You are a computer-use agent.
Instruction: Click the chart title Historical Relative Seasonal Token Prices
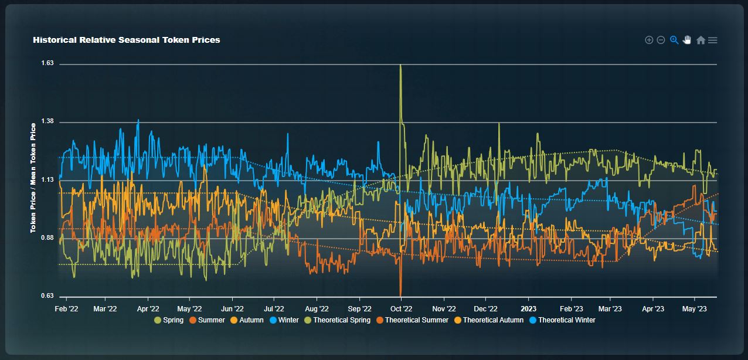[127, 40]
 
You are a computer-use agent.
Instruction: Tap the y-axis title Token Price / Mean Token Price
[33, 178]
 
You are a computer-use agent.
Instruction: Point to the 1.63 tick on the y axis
[47, 63]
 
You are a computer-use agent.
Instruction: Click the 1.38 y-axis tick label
[47, 121]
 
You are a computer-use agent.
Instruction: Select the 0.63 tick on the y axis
[47, 296]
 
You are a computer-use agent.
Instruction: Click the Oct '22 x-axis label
[401, 308]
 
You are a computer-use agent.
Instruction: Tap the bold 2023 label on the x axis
[529, 308]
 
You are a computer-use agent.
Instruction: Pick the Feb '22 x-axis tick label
[66, 308]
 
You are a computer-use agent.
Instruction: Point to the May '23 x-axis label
[694, 308]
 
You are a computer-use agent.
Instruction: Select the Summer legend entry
[207, 320]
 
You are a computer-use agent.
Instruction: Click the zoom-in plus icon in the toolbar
[649, 40]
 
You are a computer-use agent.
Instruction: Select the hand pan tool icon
[687, 40]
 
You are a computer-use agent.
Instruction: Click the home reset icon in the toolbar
[701, 40]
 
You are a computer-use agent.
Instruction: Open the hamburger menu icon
[713, 40]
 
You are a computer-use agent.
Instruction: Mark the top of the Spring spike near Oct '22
[400, 65]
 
